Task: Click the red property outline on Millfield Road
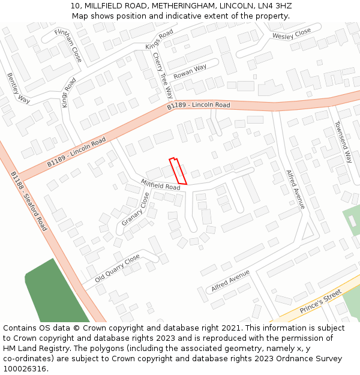tap(178, 171)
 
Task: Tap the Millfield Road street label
tap(160, 184)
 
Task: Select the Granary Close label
tap(136, 209)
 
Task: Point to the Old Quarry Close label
tap(118, 268)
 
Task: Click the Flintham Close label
tap(68, 46)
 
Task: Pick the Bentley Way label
tap(19, 88)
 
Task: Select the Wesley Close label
tap(292, 34)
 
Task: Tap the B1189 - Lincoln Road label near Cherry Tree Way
tap(199, 106)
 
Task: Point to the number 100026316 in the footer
tap(25, 369)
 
